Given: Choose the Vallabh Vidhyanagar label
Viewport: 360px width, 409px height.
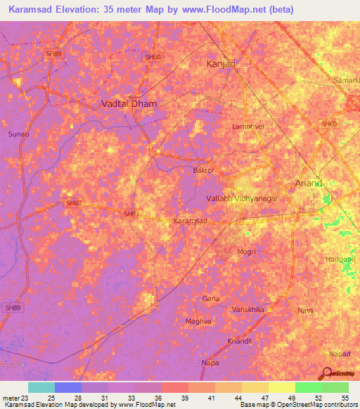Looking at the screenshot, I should (x=242, y=199).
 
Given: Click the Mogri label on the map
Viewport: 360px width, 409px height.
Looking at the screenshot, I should (x=246, y=251).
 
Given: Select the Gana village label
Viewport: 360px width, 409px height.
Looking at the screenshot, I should (x=211, y=299).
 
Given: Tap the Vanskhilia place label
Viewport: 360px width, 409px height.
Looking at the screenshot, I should (x=247, y=309).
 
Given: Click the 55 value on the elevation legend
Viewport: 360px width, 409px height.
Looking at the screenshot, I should (x=345, y=398).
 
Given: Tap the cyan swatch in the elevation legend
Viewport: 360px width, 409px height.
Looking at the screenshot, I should (x=41, y=387).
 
